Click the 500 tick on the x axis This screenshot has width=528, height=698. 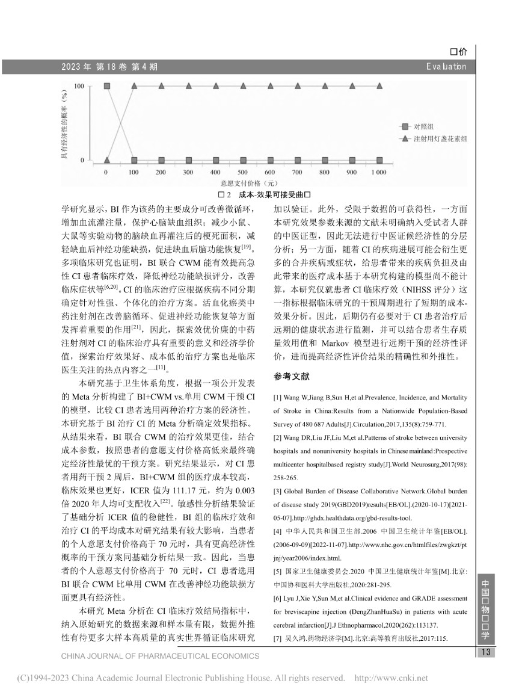click(x=242, y=173)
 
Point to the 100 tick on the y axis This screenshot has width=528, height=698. click(x=79, y=87)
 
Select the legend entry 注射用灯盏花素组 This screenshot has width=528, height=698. click(x=440, y=138)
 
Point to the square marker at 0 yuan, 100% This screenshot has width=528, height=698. click(x=107, y=87)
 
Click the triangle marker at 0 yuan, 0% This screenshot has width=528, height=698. click(x=107, y=160)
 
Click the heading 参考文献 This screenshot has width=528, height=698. click(x=292, y=377)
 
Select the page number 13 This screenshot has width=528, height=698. click(x=485, y=653)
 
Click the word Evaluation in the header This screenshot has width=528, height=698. click(x=445, y=66)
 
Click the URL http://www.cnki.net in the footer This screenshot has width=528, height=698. click(x=391, y=679)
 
